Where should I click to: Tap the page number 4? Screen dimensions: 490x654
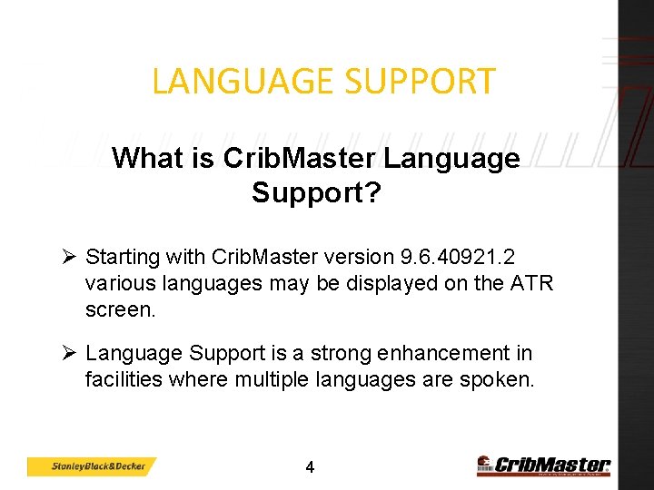(x=310, y=468)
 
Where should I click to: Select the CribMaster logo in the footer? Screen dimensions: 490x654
(x=543, y=465)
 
